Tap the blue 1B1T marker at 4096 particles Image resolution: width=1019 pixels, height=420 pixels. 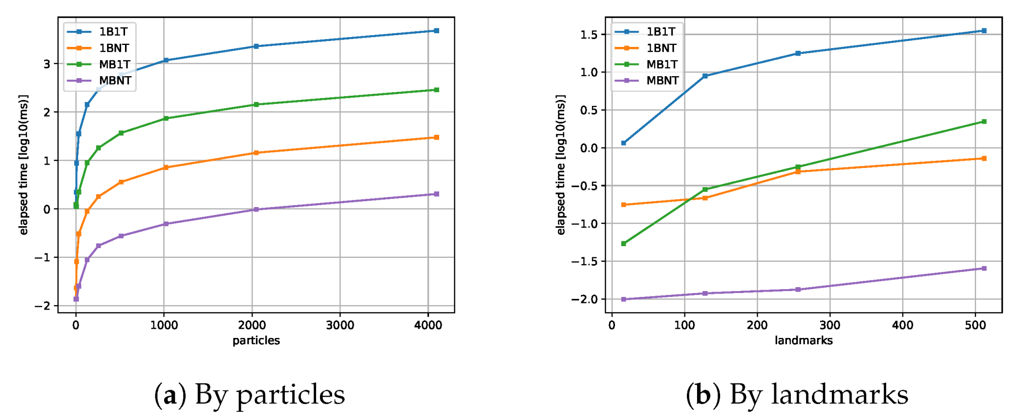[436, 31]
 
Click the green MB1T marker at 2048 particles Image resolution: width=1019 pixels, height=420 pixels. [256, 105]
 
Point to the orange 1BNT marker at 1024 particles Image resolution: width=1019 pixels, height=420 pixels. [166, 168]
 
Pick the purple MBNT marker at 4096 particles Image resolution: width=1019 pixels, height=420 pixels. [436, 194]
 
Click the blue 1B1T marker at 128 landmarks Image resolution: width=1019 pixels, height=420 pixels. [705, 76]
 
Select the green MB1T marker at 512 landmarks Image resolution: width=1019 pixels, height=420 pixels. [984, 122]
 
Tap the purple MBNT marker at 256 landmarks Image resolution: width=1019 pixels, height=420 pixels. [798, 290]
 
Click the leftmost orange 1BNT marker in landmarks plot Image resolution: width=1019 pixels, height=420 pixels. [623, 205]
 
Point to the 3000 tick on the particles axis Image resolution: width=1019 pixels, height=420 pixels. [340, 325]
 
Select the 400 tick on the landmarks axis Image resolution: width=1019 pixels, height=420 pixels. [902, 325]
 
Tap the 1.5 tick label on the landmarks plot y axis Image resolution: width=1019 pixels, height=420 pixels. [589, 35]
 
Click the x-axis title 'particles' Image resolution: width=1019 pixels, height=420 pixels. [256, 340]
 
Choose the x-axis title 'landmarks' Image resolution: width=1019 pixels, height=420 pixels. [804, 340]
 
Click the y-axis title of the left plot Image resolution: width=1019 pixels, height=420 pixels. [23, 165]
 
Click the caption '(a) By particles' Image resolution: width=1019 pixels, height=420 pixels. [250, 395]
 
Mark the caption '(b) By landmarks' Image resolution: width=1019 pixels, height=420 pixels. [797, 395]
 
